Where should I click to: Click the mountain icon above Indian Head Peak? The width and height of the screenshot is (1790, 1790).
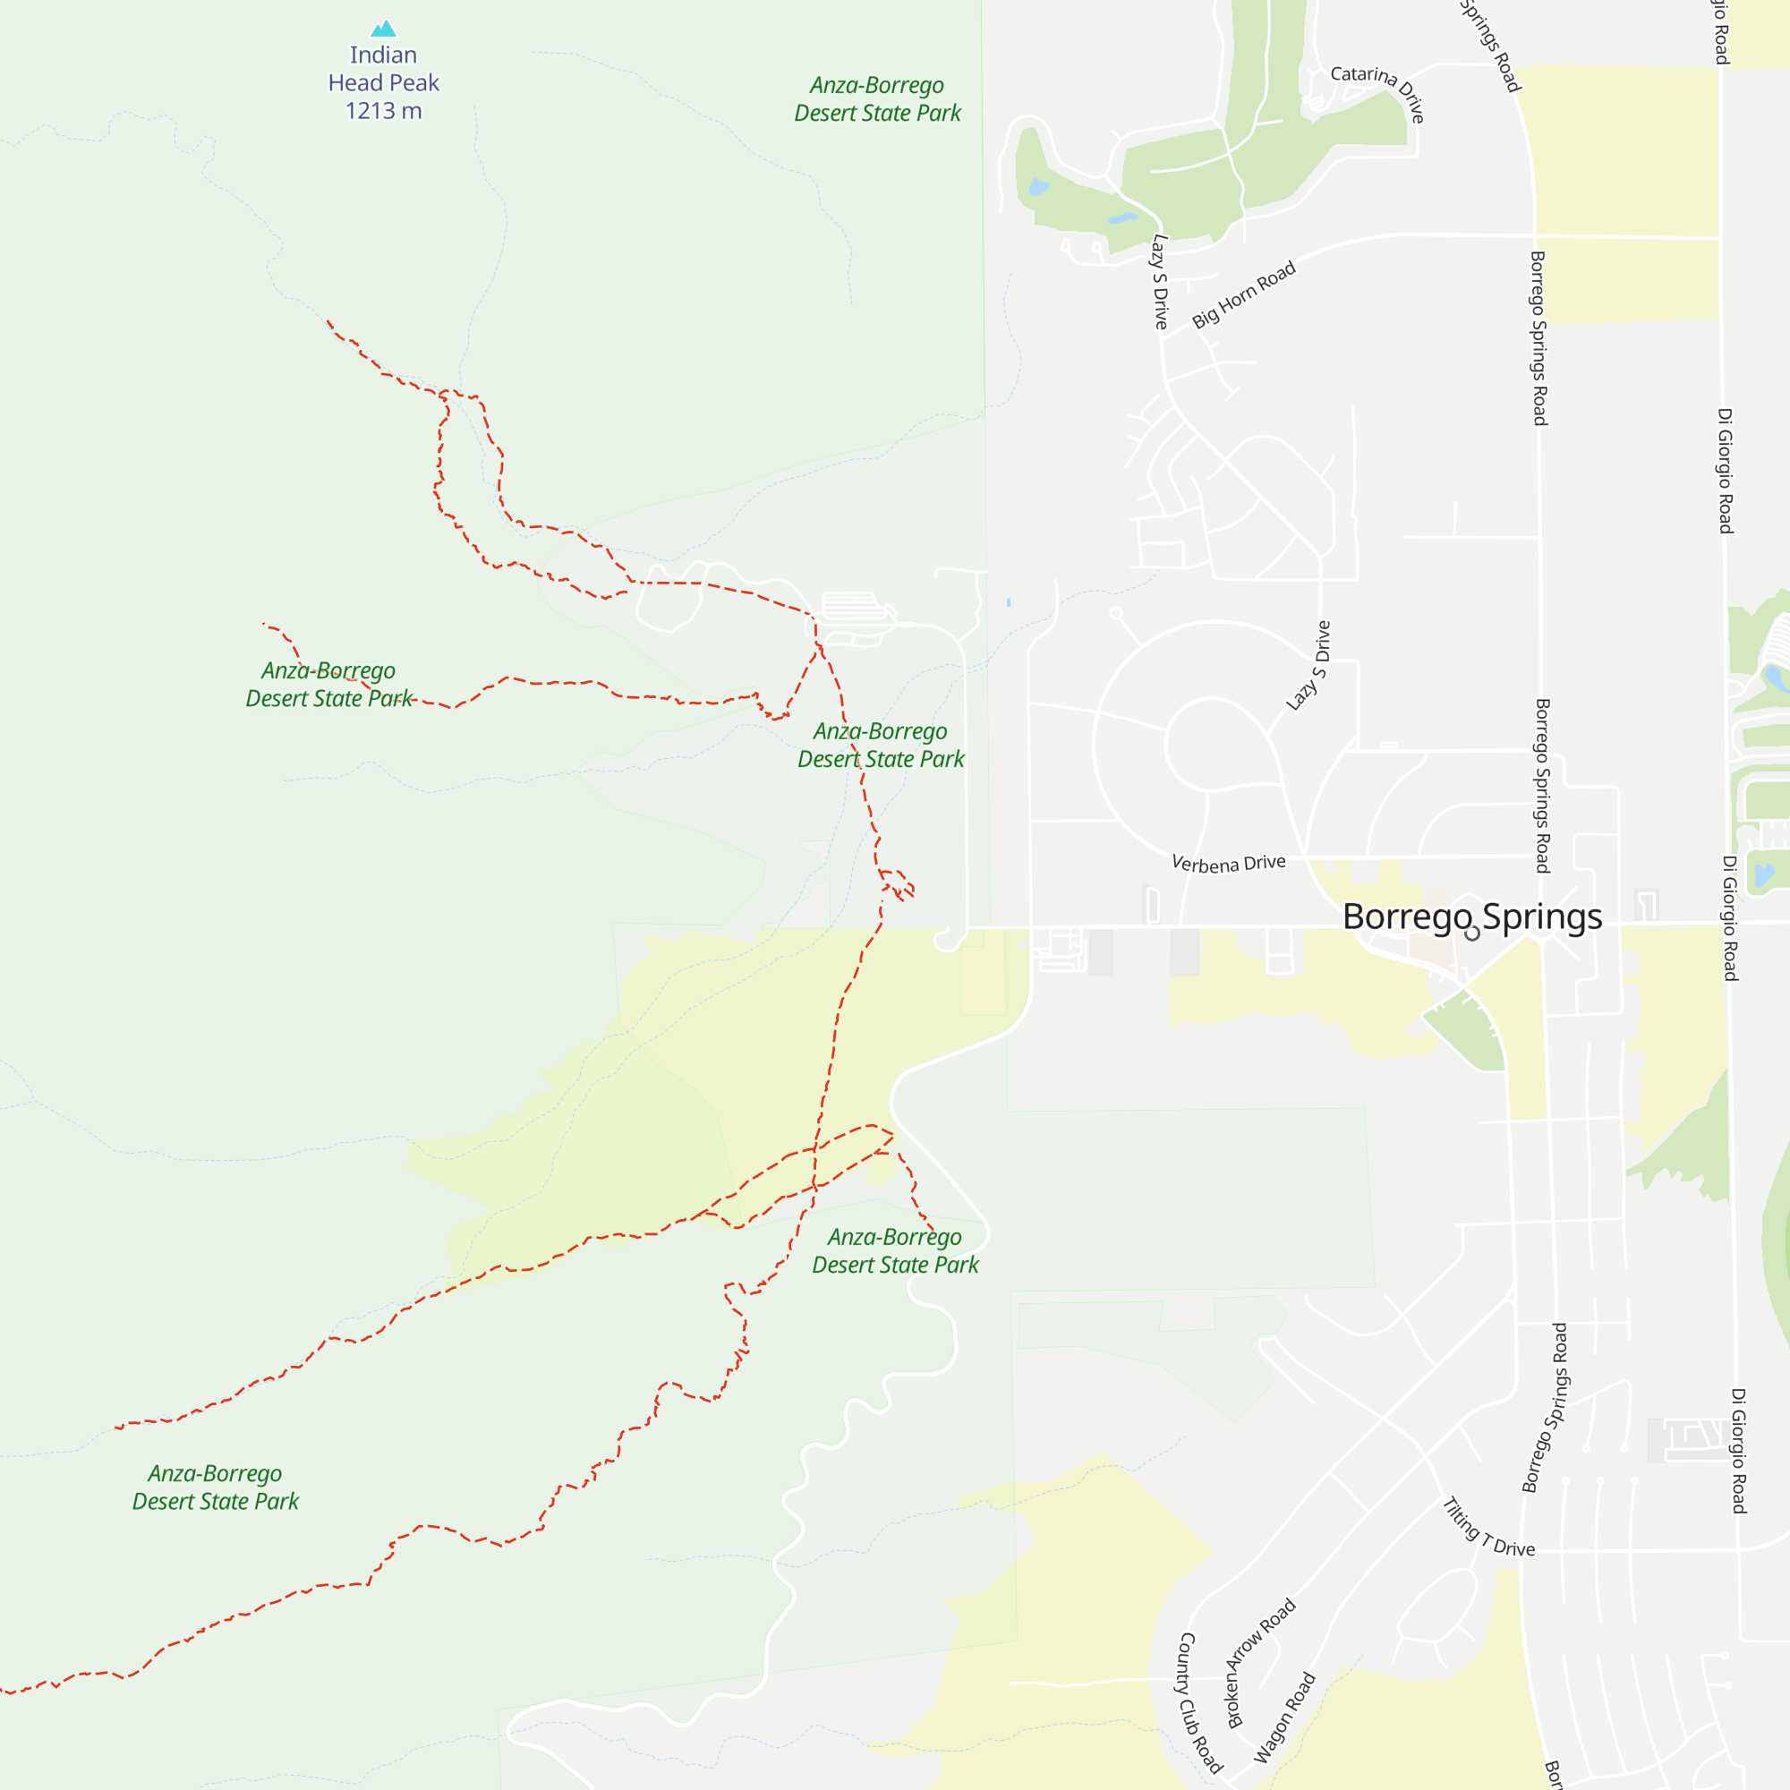tap(384, 29)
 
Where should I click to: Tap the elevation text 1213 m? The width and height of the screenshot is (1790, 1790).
tap(384, 111)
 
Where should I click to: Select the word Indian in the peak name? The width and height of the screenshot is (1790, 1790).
tap(384, 55)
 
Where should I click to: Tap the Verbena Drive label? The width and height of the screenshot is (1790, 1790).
tap(1229, 864)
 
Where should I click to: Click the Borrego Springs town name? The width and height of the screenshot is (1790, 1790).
tap(1472, 916)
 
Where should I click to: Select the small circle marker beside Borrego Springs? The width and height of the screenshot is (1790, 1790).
tap(1472, 933)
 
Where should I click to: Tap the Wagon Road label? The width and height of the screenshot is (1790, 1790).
tap(1284, 1718)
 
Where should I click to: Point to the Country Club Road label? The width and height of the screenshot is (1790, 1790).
tap(1200, 1703)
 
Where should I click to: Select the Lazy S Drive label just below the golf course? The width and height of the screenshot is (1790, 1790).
tap(1159, 282)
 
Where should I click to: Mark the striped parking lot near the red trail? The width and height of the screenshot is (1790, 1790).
tap(851, 606)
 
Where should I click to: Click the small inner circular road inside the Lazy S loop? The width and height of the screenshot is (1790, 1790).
tap(1208, 744)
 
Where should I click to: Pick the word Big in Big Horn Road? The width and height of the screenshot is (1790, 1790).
tap(1205, 317)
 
